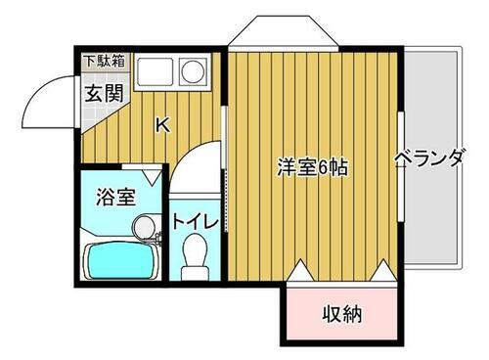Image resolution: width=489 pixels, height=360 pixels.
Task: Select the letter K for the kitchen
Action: tap(162, 124)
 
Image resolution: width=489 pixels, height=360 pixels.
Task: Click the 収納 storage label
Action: tap(342, 314)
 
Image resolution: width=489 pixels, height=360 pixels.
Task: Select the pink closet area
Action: tap(342, 313)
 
